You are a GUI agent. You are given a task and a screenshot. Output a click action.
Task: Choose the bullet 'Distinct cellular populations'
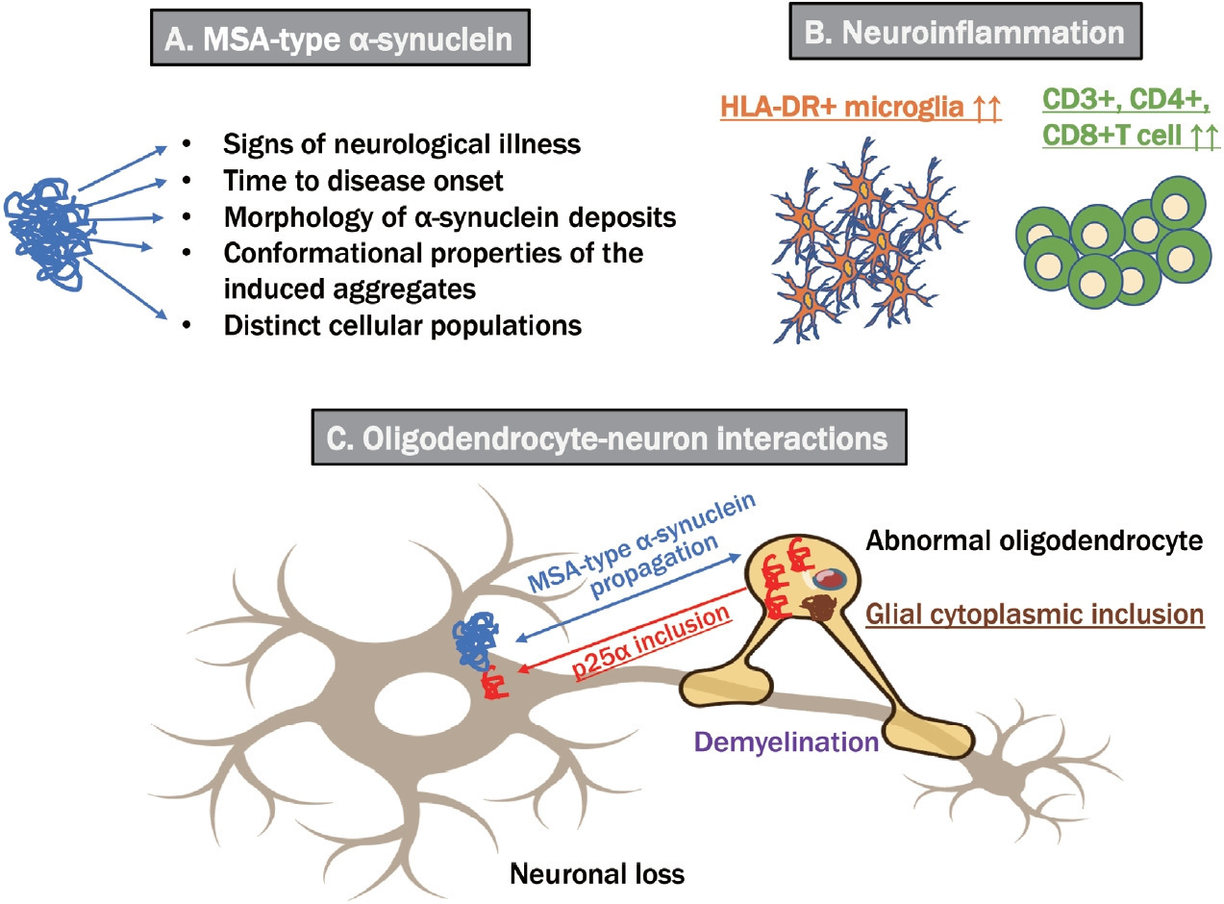[x=403, y=325]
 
